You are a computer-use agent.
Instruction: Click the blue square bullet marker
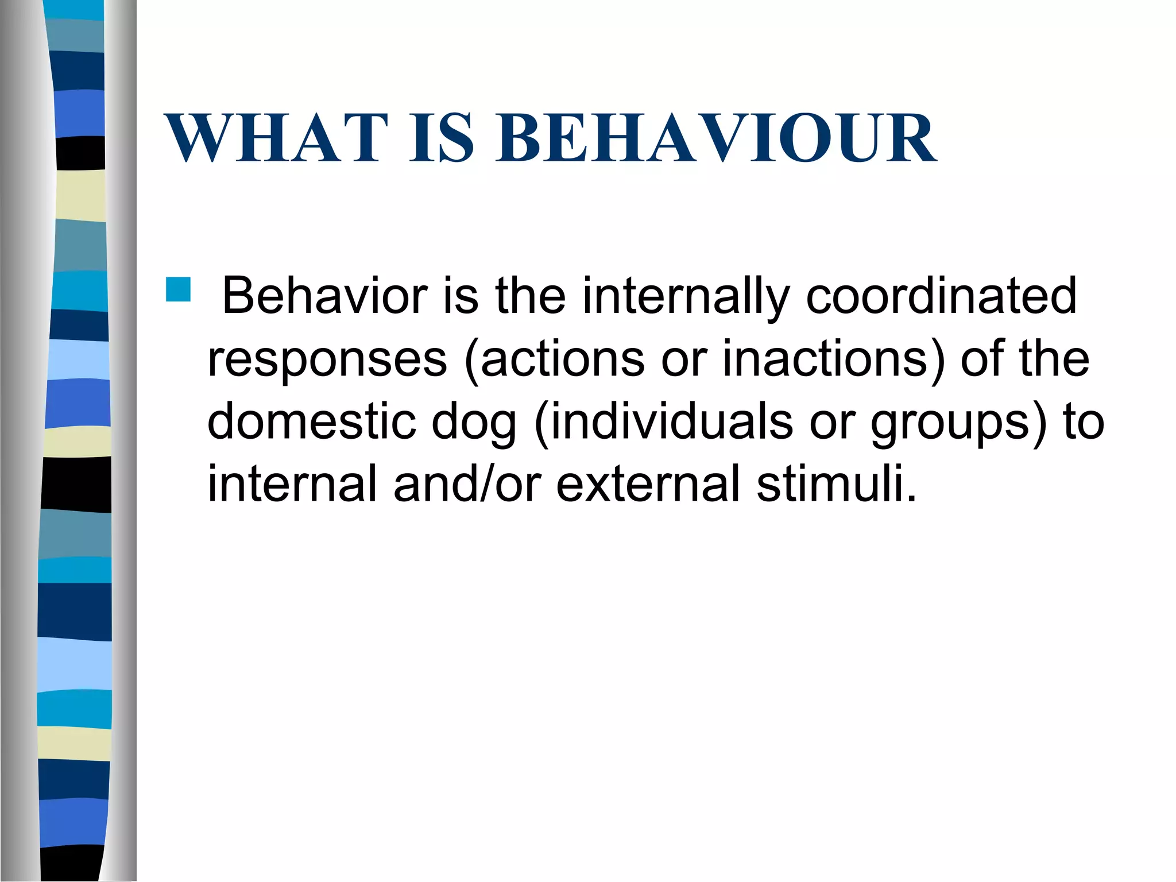point(179,290)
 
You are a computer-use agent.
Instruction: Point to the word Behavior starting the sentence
point(324,296)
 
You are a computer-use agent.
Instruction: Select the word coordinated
point(941,296)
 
